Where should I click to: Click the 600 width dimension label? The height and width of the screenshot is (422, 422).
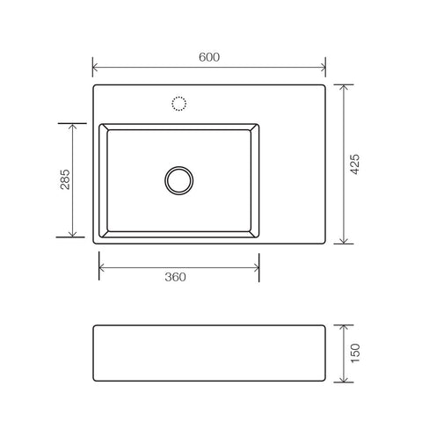208,57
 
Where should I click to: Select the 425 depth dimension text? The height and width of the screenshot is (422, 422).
356,164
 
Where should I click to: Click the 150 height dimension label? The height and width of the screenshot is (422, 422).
356,353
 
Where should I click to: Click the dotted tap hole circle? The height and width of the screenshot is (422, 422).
179,104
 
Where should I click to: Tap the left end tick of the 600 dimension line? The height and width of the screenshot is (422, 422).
93,68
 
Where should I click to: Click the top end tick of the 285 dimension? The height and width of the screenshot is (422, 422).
70,123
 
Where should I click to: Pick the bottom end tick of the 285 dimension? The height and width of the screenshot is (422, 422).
70,237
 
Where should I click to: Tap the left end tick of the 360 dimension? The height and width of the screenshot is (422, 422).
99,265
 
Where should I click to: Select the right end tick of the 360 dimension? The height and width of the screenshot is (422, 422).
259,265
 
